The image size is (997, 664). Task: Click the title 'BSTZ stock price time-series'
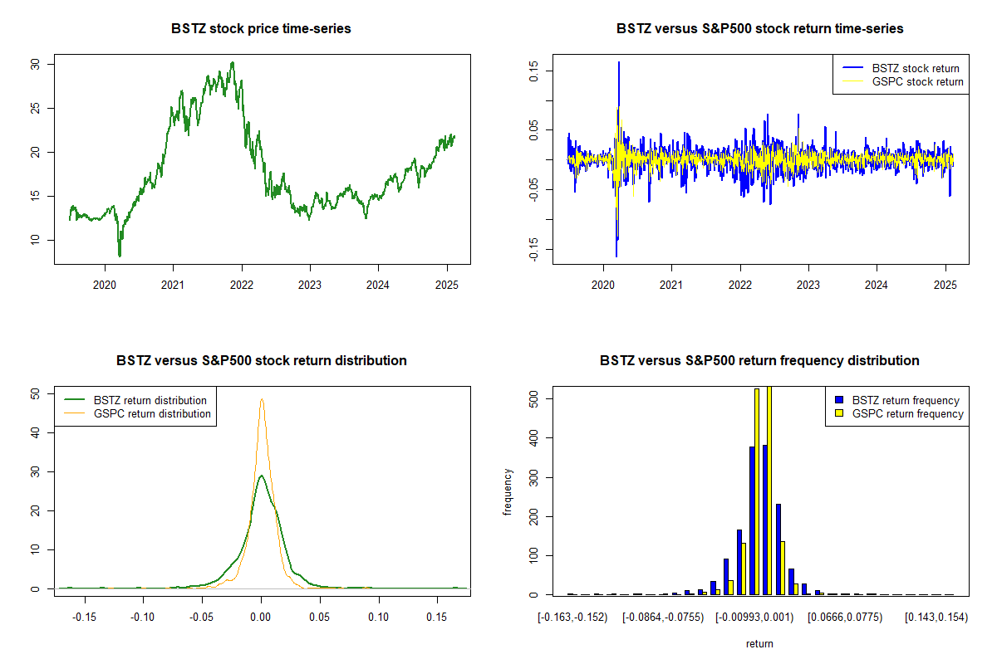coord(261,29)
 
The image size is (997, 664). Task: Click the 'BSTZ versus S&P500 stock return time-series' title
coord(759,29)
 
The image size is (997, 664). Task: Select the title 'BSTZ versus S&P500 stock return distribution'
coord(261,361)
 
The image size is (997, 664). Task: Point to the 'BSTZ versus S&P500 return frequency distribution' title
coord(759,361)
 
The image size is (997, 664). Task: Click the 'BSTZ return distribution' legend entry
coord(150,400)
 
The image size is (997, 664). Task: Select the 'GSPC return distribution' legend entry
coord(152,413)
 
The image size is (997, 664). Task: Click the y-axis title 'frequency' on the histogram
coord(509,492)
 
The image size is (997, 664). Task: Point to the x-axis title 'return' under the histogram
coord(759,643)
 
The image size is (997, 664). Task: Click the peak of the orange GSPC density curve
coord(262,399)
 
